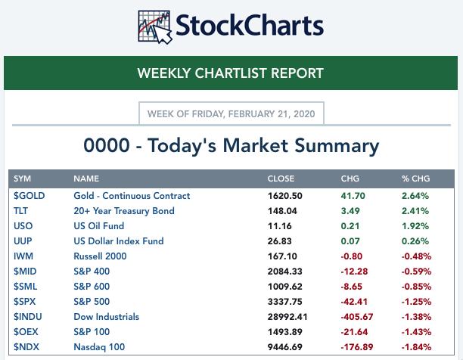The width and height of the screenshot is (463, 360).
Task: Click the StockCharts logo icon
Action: (156, 26)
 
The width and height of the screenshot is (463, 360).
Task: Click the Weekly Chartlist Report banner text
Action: (231, 73)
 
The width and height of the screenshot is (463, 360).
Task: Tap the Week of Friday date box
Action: (231, 113)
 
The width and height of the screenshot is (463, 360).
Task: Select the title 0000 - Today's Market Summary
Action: (231, 145)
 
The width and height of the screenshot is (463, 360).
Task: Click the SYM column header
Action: (22, 179)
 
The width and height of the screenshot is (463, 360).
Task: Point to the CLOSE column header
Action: (281, 179)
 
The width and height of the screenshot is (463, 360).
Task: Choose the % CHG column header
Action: (416, 179)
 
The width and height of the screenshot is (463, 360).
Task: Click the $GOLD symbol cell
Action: (29, 196)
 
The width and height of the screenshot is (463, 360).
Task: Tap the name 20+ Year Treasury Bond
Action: (124, 211)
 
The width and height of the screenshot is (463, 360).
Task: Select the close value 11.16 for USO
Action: (279, 226)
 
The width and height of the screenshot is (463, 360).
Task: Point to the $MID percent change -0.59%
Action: (415, 272)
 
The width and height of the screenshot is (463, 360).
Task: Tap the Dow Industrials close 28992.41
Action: (288, 317)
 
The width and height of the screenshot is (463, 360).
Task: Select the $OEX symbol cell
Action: (26, 332)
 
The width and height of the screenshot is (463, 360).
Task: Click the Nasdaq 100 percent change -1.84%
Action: (415, 347)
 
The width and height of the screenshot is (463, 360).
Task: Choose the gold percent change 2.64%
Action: (415, 196)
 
